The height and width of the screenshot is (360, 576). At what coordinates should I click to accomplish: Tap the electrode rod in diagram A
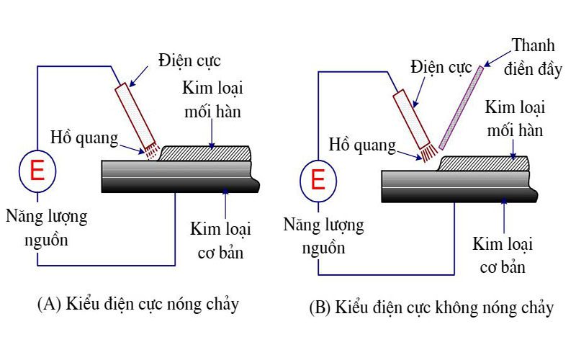135,112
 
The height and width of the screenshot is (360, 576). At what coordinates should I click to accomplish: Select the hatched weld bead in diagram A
205,153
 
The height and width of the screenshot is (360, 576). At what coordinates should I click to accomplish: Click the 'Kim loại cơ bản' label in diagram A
220,240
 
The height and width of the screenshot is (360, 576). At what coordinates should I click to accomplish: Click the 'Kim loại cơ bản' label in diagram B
503,255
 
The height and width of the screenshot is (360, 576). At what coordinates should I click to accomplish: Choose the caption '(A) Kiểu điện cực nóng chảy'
138,304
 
